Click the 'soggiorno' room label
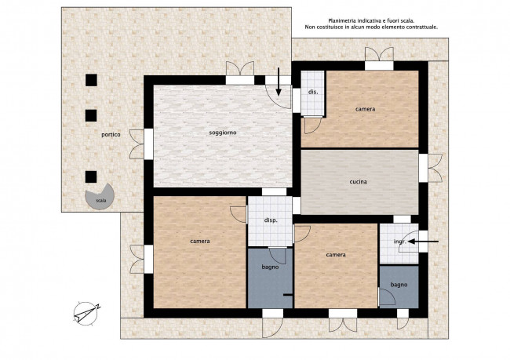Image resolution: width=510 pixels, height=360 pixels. [223, 133]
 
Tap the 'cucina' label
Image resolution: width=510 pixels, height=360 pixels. [358, 181]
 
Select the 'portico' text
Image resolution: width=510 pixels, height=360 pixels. [111, 134]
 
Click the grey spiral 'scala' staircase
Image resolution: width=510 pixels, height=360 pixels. [100, 197]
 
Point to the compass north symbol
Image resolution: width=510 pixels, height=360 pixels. [86, 314]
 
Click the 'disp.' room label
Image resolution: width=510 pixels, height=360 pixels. [271, 220]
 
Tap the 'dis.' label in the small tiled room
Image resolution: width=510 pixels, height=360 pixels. [313, 92]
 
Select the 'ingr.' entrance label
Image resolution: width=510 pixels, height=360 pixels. [399, 242]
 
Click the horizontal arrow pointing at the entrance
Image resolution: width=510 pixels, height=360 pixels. [424, 242]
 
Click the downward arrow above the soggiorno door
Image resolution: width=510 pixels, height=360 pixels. [279, 82]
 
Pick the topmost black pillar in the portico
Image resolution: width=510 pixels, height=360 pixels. [91, 80]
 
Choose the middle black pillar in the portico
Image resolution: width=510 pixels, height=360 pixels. [91, 115]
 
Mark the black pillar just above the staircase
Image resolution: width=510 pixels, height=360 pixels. [91, 176]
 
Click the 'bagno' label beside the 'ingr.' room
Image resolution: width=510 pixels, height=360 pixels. [399, 285]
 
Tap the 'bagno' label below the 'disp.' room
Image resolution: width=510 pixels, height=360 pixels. [270, 267]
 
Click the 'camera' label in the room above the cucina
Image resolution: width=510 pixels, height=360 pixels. [366, 109]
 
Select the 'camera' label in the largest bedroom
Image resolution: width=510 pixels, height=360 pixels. [200, 241]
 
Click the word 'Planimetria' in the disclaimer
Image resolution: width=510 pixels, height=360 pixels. [340, 21]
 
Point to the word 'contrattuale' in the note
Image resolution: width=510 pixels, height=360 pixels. [421, 27]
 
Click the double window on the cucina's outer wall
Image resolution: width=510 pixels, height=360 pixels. [430, 168]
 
